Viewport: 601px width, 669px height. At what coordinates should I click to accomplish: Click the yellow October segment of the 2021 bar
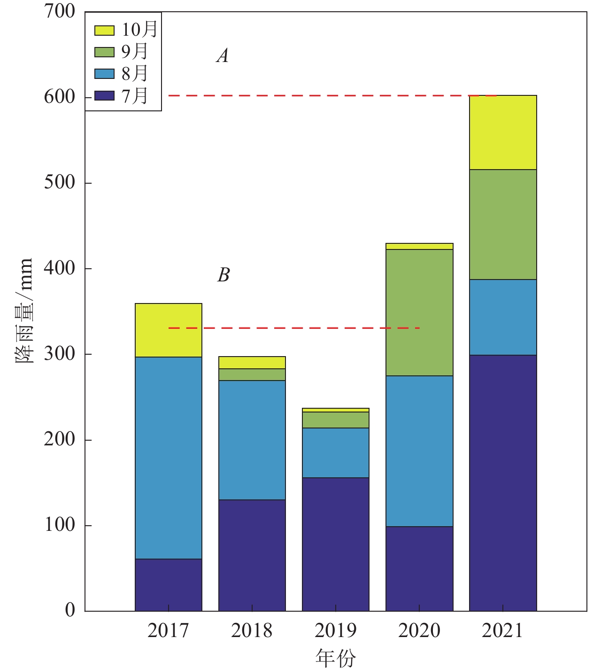coord(503,132)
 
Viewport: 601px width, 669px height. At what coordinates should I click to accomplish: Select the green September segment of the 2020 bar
coord(419,312)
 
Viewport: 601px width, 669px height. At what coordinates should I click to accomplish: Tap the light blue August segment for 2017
coord(169,458)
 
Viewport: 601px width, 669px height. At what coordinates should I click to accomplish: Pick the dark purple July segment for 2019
coord(336,544)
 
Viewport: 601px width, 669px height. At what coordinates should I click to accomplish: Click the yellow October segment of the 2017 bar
coord(169,330)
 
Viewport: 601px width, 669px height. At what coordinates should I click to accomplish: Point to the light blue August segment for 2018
coord(252,440)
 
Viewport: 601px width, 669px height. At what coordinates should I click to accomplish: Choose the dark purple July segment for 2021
coord(503,482)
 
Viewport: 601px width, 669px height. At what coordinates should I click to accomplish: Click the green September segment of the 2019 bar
coord(336,420)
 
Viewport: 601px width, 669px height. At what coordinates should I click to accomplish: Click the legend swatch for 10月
coord(104,31)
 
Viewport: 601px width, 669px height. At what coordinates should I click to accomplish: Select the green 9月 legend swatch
coord(104,52)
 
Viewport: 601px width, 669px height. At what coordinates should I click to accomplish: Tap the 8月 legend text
coord(135,73)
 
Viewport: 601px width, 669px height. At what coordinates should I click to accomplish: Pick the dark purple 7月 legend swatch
coord(104,96)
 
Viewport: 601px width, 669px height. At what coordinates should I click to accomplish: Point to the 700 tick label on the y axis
coord(60,11)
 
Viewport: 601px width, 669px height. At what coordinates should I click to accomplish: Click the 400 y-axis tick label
coord(60,268)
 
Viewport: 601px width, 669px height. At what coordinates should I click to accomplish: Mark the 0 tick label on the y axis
coord(70,610)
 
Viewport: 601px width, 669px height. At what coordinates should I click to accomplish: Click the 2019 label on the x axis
coord(336,630)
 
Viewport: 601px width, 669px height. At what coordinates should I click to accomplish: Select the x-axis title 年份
coord(335,658)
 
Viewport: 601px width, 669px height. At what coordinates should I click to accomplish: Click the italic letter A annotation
coord(223,56)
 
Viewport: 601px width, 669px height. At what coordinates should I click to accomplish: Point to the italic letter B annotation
coord(223,275)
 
